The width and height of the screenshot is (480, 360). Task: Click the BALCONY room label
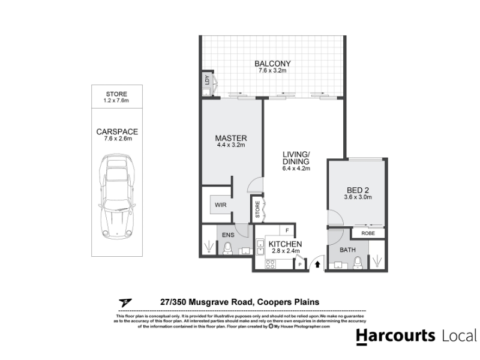coord(272,64)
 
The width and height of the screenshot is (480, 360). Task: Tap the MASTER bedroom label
coord(231,138)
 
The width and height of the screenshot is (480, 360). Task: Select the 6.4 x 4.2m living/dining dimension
coord(296,169)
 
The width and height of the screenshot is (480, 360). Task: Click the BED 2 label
coord(358,190)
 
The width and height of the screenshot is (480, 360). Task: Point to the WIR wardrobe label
coord(220,205)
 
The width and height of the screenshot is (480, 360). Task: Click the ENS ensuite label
coord(228,235)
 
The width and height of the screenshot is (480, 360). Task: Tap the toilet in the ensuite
coord(227,248)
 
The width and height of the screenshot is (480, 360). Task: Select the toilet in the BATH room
coord(358,263)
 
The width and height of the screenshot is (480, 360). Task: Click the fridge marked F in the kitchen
coord(287,230)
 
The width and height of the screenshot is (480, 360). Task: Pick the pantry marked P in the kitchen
coord(300,265)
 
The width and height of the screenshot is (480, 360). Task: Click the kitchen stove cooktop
coord(271,264)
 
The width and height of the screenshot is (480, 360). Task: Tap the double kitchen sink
coord(260,247)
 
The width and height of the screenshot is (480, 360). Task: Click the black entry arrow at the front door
coord(317,264)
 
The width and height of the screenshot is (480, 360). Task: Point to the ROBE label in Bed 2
coord(368,233)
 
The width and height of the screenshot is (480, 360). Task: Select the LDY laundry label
coord(207,80)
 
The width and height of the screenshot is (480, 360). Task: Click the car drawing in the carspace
coord(117,196)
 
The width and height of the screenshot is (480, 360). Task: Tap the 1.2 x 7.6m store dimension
coord(116,100)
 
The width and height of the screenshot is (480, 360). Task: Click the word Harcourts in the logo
coord(395,336)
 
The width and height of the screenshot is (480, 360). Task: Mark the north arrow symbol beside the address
coord(125,303)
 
